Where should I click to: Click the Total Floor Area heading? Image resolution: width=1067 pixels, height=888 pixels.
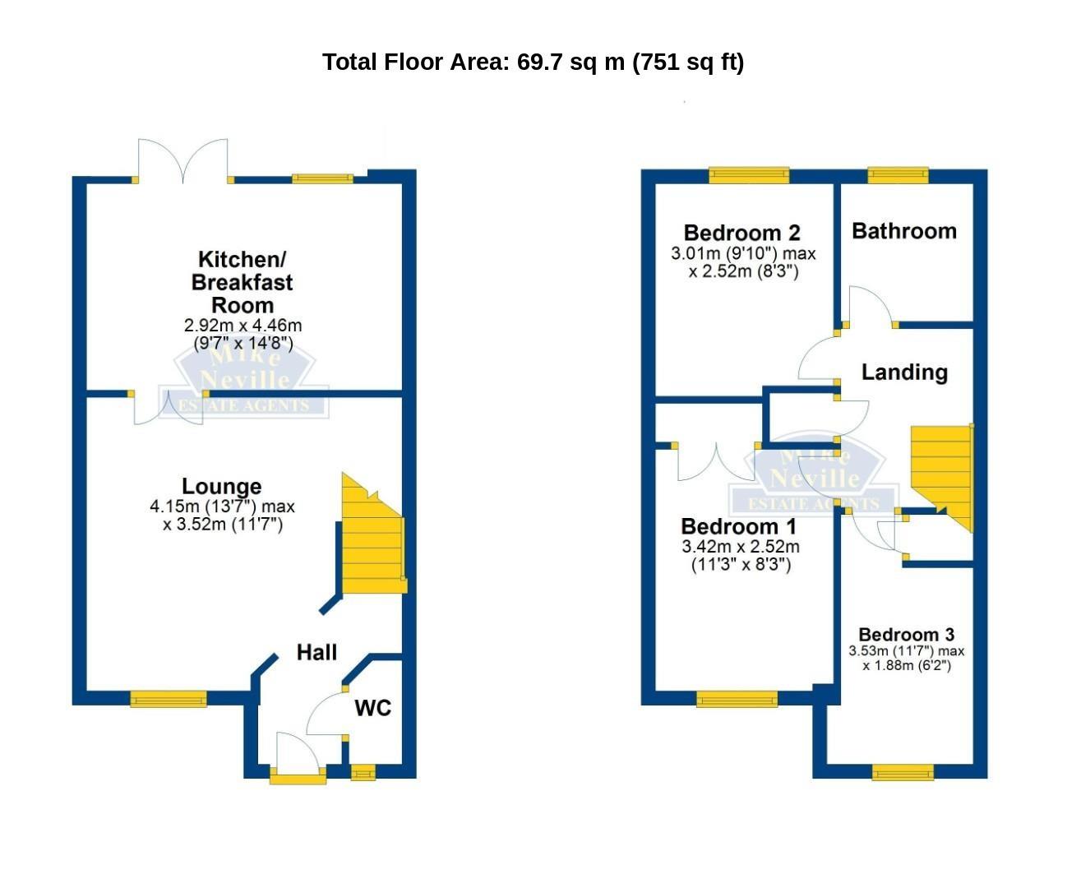point(533,62)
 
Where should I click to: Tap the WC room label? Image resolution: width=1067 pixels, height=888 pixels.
point(373,708)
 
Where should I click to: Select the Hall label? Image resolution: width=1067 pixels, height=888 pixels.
point(316,652)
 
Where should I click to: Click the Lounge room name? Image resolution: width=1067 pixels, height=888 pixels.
point(222,486)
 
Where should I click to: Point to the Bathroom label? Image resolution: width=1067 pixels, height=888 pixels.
point(904,231)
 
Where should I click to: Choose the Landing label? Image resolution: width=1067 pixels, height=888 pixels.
point(904,372)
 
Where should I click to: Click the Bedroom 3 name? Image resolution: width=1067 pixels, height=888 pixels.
point(906,635)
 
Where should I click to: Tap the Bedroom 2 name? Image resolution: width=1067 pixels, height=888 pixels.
point(742,234)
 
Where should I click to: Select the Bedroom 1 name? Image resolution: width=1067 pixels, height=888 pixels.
point(739,526)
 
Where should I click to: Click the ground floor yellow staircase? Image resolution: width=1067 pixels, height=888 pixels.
point(373,542)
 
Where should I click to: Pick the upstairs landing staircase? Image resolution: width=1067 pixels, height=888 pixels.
point(942,475)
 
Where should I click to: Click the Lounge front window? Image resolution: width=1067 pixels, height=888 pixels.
point(169,699)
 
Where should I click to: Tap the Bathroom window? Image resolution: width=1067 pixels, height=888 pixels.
point(898,175)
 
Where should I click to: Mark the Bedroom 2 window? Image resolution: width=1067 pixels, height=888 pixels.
point(749,175)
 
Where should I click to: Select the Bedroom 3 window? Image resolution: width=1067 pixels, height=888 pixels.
point(903,772)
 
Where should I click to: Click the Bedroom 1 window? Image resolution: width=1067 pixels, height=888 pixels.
point(737,699)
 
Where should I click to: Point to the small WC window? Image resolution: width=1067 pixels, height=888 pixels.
point(363,772)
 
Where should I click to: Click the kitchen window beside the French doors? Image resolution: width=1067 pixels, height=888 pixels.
point(322,178)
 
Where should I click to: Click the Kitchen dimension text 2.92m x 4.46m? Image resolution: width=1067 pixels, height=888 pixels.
point(242,325)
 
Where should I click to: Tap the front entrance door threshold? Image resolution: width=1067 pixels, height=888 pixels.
point(298,779)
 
